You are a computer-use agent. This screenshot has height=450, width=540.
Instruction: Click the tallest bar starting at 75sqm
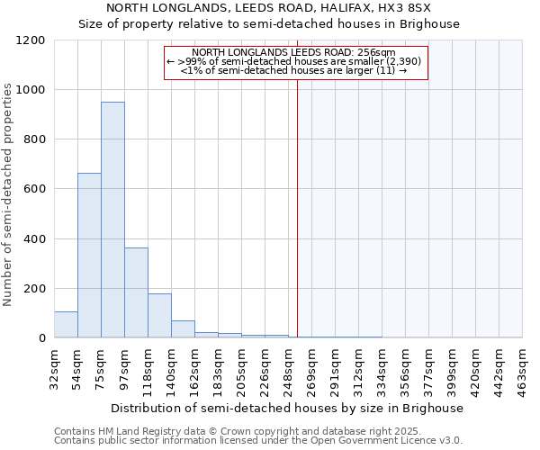[x=112, y=220]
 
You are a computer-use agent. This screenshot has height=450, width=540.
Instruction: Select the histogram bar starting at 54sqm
[x=89, y=256]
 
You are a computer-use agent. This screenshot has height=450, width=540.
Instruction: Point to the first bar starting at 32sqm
[x=66, y=325]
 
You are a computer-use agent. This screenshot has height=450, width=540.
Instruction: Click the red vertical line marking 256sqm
[x=297, y=207]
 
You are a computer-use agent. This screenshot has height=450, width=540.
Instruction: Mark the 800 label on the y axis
[x=36, y=139]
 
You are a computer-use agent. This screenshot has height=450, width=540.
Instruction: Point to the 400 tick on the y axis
[x=36, y=239]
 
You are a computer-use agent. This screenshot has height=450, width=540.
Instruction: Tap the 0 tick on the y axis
[x=42, y=338]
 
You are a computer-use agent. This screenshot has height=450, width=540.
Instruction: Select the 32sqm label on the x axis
[x=55, y=364]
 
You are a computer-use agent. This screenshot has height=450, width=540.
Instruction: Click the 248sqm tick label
[x=289, y=366]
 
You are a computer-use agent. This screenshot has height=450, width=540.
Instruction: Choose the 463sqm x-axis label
[x=523, y=366]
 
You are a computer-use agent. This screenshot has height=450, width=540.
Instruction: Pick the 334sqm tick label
[x=382, y=366]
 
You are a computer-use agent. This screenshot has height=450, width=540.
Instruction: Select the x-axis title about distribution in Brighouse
[x=287, y=408]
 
